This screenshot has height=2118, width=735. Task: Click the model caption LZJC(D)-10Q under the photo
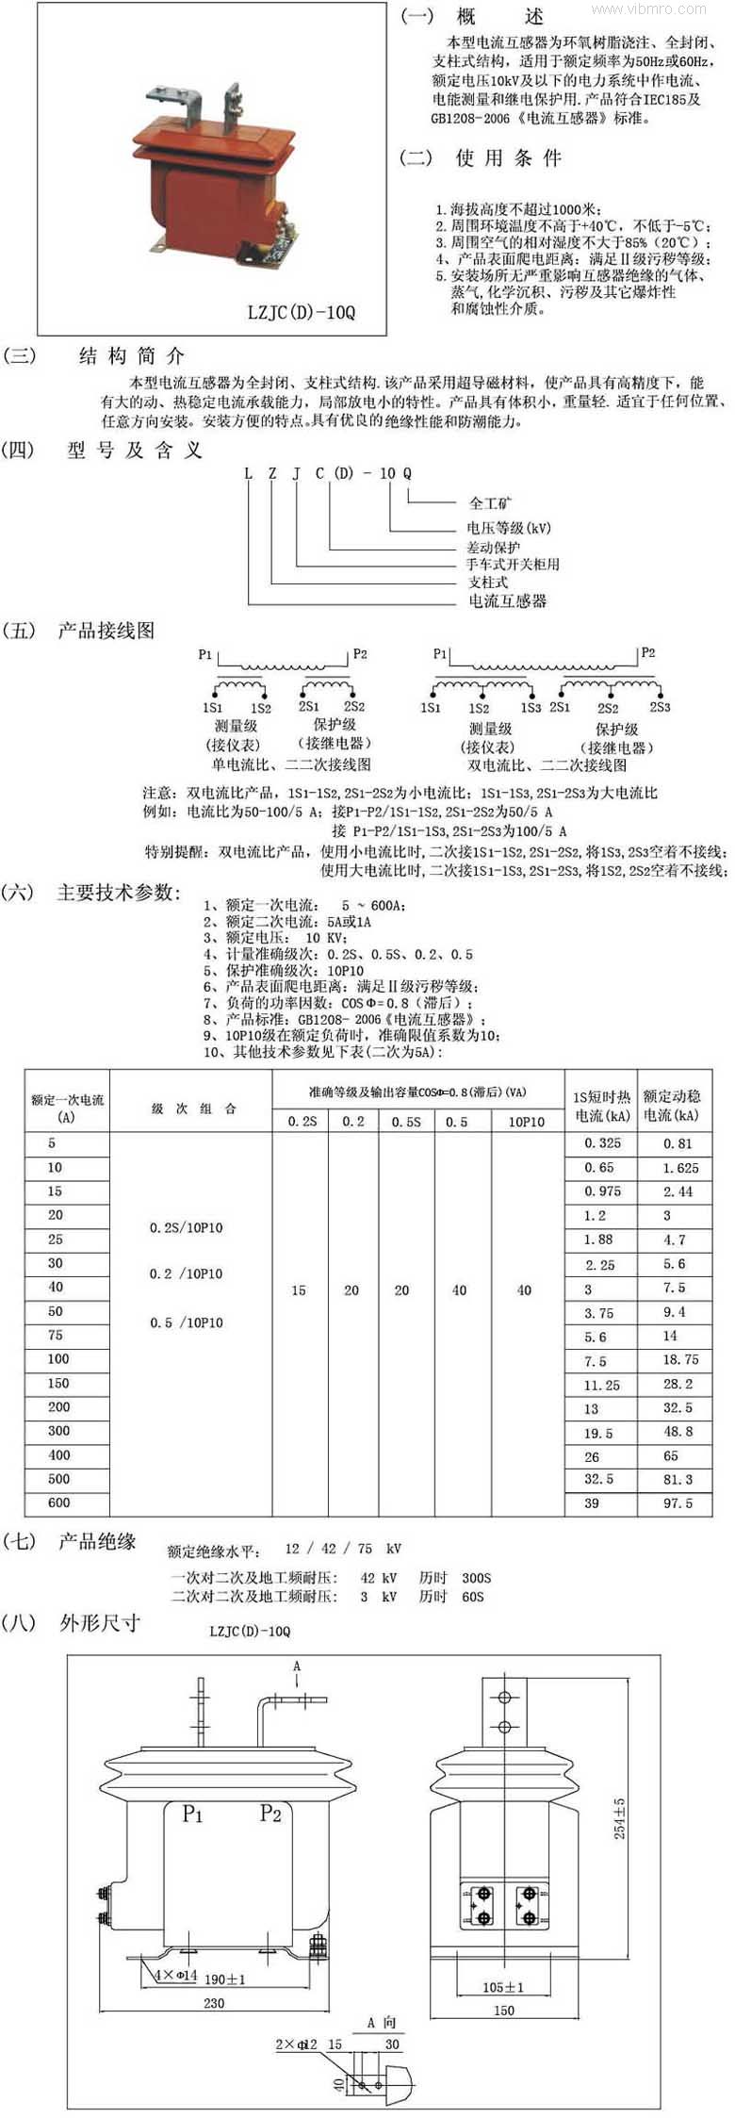[x=302, y=312]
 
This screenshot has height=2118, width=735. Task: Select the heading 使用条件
[x=508, y=157]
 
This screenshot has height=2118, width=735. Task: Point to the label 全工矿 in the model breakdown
[x=491, y=502]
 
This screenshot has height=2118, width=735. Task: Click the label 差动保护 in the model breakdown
[x=493, y=547]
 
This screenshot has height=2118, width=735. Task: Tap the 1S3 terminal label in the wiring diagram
[x=531, y=707]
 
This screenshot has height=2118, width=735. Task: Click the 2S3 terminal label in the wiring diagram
[x=660, y=706]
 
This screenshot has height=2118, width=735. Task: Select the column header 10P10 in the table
[x=526, y=1122]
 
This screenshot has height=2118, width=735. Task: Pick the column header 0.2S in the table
[x=302, y=1122]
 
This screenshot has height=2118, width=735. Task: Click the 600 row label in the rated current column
[x=58, y=1502]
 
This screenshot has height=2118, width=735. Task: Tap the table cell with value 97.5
[x=678, y=1503]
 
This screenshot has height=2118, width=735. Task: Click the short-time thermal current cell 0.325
[x=602, y=1142]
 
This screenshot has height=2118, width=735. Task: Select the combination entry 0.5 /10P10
[x=186, y=1322]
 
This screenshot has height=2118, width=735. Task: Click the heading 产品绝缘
[x=97, y=1542]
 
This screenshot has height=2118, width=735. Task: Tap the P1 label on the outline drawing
[x=192, y=1814]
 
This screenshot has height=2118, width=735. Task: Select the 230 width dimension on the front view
[x=214, y=2002]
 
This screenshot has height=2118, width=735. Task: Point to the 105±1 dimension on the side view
[x=503, y=1987]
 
